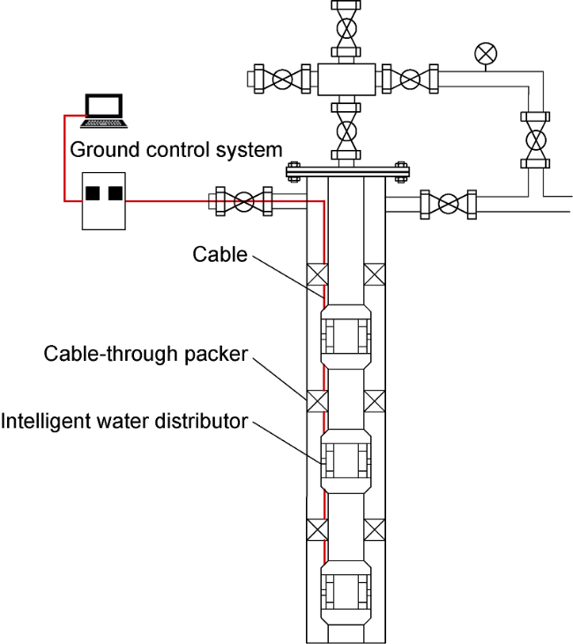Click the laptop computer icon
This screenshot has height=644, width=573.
[x=107, y=109]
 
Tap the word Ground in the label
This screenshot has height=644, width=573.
[x=98, y=149]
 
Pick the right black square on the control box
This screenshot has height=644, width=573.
[x=115, y=192]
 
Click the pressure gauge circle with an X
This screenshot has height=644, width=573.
[x=484, y=53]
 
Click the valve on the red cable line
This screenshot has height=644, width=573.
[x=244, y=202]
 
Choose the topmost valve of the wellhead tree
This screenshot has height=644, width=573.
[x=346, y=27]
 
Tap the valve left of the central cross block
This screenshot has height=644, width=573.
[x=281, y=79]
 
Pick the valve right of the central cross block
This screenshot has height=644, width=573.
[x=409, y=79]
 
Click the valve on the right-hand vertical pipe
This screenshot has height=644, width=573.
[x=534, y=139]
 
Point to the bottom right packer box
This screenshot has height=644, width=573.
[x=375, y=529]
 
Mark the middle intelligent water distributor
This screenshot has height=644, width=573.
[x=346, y=460]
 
